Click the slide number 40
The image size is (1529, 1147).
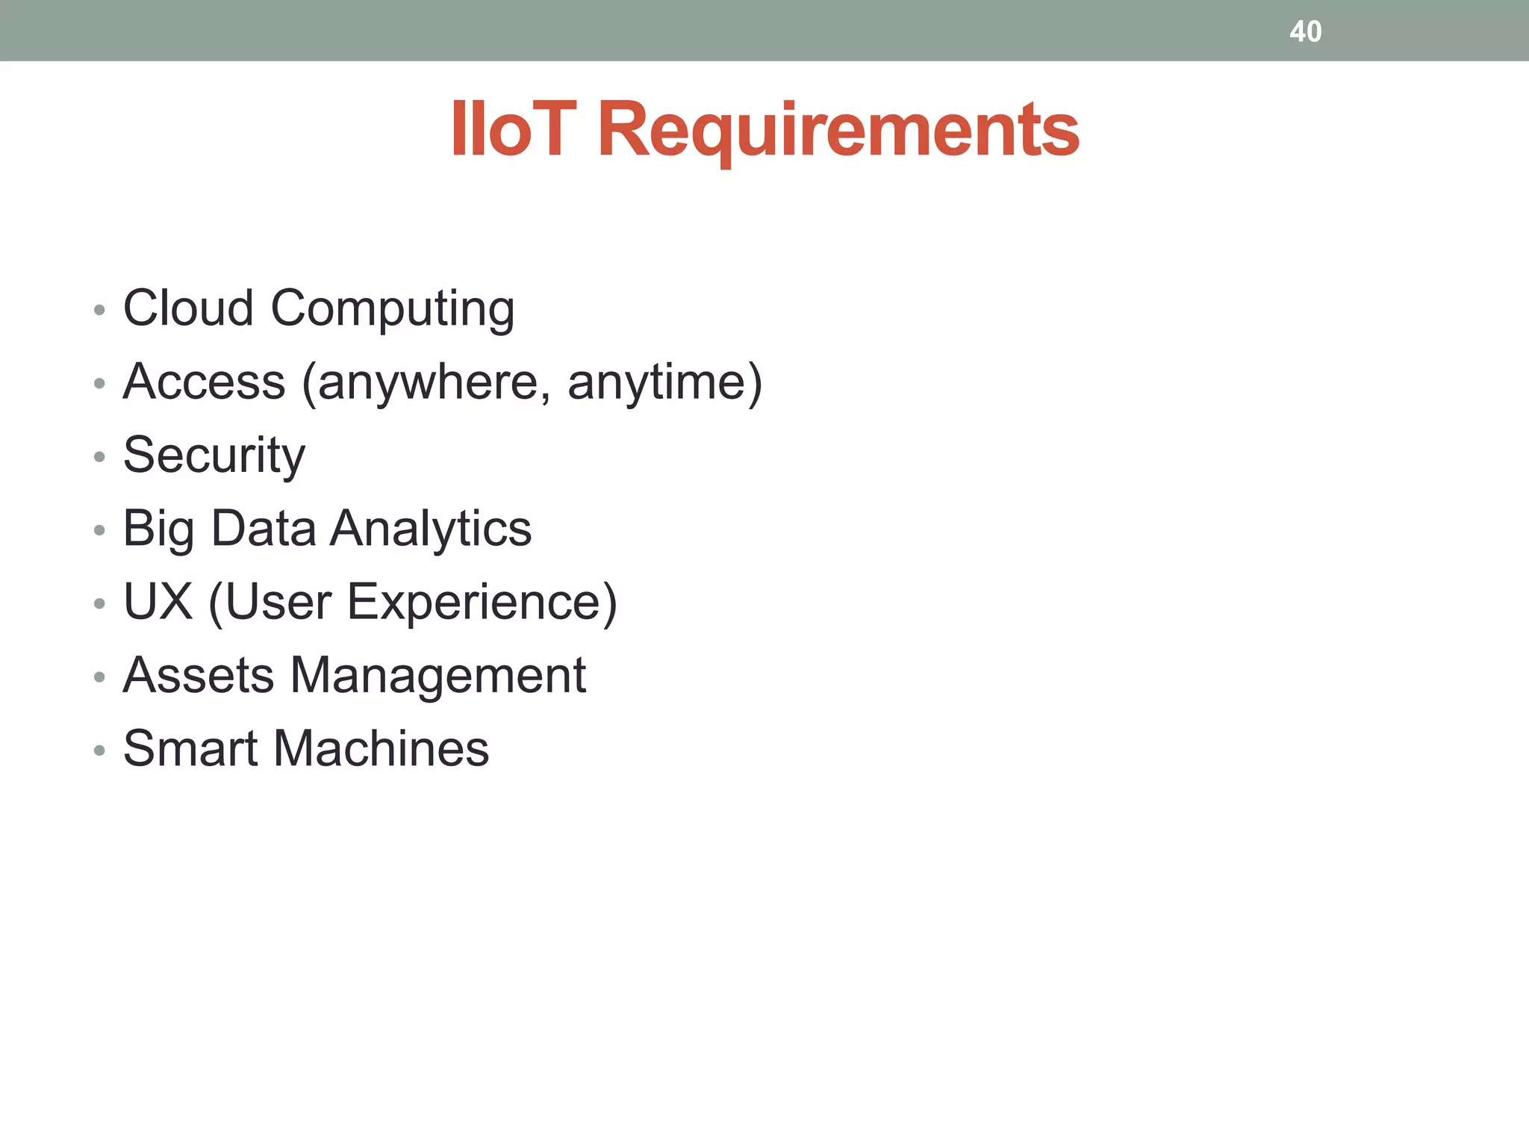[x=1305, y=31]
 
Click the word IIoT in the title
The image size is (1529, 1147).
[x=514, y=130]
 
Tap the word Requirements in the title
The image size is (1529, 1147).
[x=838, y=131]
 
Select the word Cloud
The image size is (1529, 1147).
[x=188, y=308]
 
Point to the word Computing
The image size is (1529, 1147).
[x=393, y=309]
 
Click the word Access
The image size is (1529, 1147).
[x=204, y=382]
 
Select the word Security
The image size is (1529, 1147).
[x=214, y=456]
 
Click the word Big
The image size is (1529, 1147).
[x=159, y=529]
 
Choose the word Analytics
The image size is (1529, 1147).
[x=431, y=529]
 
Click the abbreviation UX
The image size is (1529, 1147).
[x=158, y=601]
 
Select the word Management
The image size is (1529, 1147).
[x=437, y=675]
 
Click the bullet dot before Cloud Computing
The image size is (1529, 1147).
[x=99, y=309]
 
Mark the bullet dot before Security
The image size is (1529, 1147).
[x=99, y=456]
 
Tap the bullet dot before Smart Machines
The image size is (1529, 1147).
[x=99, y=750]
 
